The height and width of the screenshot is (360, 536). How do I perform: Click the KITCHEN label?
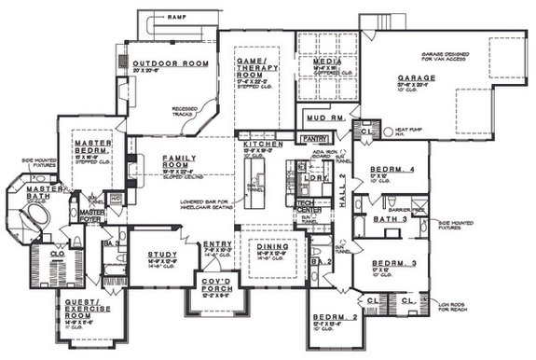click(256, 145)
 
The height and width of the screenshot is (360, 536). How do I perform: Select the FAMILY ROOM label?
click(180, 162)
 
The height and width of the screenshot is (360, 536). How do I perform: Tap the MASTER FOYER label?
click(91, 215)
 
